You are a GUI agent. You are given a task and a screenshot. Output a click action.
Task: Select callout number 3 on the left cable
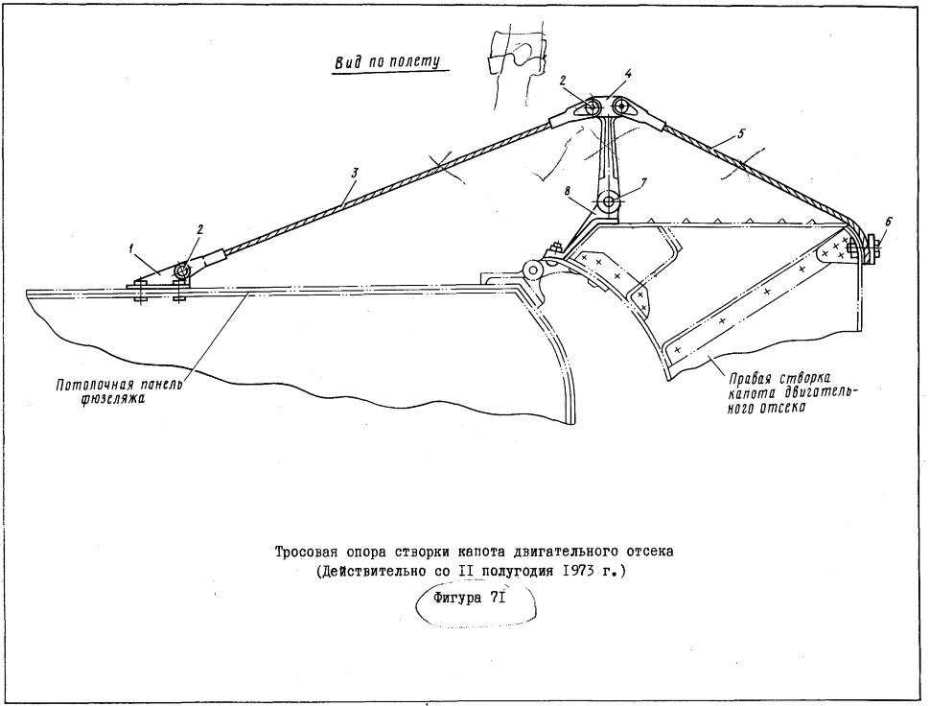click(x=354, y=174)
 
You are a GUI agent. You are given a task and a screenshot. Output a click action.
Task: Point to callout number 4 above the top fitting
click(x=628, y=75)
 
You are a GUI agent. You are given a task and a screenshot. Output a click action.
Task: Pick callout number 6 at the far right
click(x=888, y=222)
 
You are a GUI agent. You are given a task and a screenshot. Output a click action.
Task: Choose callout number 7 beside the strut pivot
click(x=644, y=181)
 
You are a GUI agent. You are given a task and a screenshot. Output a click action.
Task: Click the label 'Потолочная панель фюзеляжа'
click(x=116, y=391)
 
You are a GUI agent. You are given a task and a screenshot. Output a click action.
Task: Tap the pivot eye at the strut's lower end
click(x=609, y=202)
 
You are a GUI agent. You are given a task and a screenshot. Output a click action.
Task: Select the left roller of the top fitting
click(x=591, y=108)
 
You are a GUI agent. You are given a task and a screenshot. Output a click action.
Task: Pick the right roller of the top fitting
click(x=621, y=108)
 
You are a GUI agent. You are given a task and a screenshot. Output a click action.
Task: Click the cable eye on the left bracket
click(x=181, y=271)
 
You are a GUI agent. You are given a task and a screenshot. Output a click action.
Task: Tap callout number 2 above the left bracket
click(x=199, y=229)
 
